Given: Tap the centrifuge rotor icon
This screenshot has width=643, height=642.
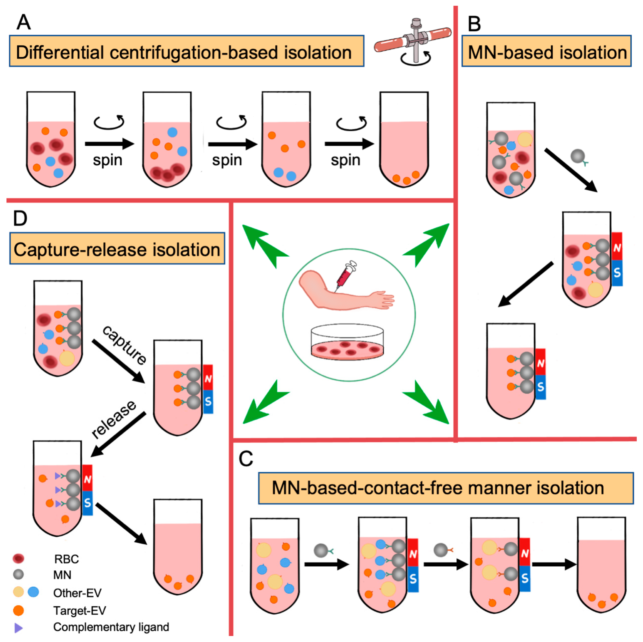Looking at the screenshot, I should pos(413,42).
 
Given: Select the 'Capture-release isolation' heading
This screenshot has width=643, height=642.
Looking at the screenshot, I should pos(117,249).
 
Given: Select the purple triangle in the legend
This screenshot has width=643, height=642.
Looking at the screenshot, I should pos(18,628).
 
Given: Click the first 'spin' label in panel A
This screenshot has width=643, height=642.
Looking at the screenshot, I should pos(108,160).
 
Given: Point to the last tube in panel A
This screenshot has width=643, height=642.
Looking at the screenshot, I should pos(404,140).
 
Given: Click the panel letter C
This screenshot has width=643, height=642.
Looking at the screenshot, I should pos(246,459).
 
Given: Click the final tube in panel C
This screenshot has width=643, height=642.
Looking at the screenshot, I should pos(601,566).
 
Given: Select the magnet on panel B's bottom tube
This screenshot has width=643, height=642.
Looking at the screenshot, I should pos(541,374).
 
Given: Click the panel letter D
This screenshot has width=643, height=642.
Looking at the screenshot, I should pos(20,218).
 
